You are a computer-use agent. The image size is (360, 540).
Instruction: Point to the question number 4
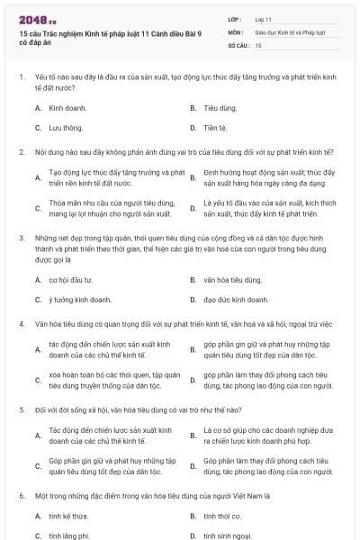click(21, 322)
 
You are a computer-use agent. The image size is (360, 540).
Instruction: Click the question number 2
click(21, 151)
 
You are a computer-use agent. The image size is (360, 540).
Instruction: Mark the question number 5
click(21, 408)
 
